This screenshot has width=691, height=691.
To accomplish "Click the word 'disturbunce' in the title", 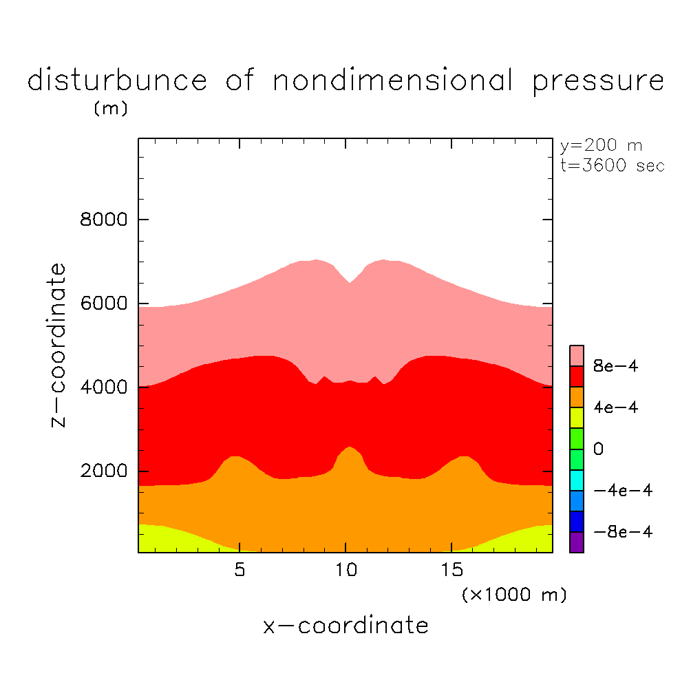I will point(117,81).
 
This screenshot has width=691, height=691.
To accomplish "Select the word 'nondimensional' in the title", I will point(393,81).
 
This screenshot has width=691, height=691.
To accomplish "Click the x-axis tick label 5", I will point(239,571).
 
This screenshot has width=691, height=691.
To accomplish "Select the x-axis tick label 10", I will point(345,571).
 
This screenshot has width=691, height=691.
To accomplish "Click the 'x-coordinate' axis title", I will point(345,626).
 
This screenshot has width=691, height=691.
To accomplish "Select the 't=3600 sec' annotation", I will point(613,166).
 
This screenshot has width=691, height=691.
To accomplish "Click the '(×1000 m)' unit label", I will point(514,595).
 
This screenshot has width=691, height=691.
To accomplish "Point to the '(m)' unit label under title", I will point(110,109).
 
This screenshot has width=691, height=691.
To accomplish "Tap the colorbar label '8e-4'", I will point(616,367).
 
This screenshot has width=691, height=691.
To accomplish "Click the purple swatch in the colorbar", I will point(577,542).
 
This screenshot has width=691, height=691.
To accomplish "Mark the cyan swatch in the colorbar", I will point(577,480).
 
